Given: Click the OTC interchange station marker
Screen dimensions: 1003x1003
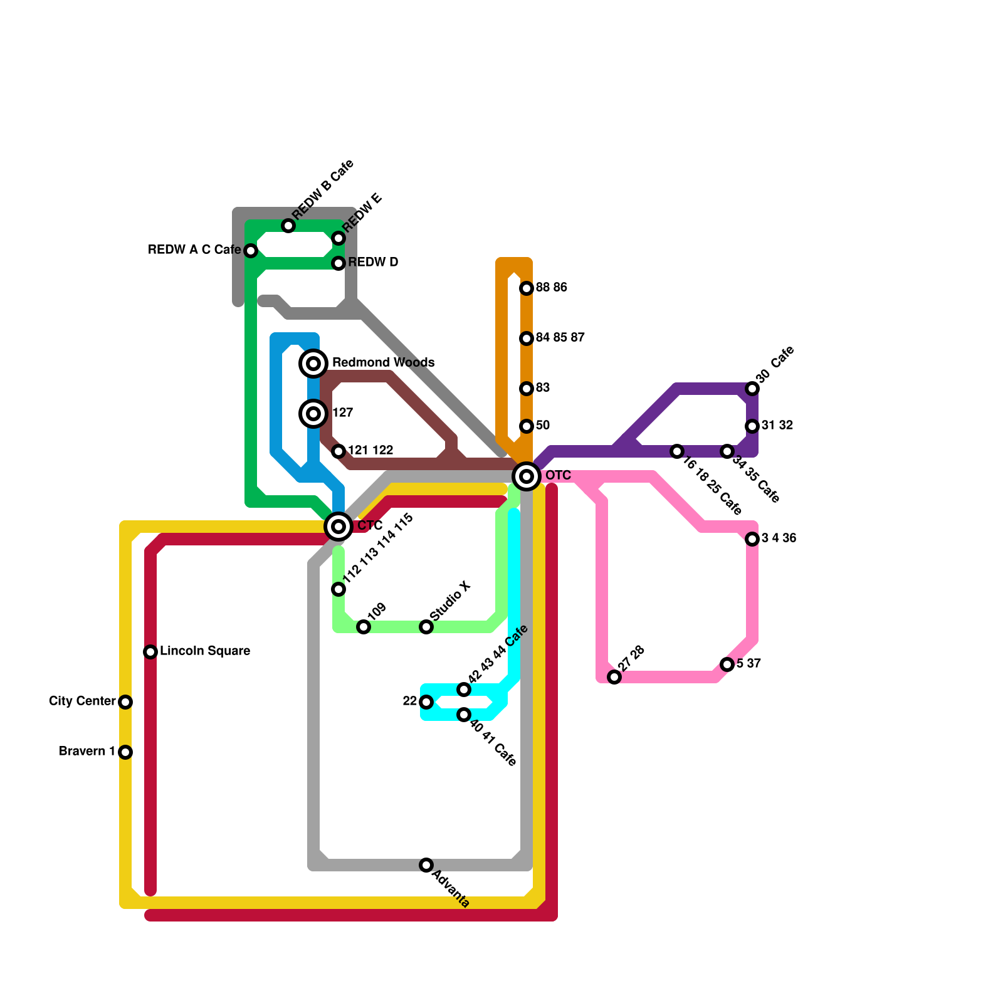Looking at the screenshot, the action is tap(527, 476).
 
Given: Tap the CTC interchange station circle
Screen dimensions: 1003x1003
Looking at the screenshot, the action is tap(339, 527).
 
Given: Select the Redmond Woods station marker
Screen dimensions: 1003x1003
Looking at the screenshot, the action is tap(314, 364).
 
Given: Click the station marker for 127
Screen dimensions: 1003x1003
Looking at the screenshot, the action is tap(314, 414).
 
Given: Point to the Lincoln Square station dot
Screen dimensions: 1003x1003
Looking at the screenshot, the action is tap(150, 652).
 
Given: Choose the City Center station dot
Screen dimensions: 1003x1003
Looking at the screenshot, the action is tap(125, 702).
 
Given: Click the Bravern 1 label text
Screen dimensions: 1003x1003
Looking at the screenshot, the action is tap(87, 752).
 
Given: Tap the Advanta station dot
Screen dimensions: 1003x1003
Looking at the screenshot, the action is tap(426, 865).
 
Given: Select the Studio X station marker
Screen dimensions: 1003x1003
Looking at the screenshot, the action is tap(426, 627).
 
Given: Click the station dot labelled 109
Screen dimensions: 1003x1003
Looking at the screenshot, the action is tap(364, 627).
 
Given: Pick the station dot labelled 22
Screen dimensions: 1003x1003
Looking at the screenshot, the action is tap(426, 702).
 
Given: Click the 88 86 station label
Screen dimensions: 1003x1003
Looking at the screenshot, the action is tap(552, 288).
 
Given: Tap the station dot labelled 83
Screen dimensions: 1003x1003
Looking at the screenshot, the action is tap(527, 389).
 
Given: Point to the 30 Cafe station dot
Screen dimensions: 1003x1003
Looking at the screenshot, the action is tap(752, 389).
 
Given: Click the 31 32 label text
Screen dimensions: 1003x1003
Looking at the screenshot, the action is tap(777, 426).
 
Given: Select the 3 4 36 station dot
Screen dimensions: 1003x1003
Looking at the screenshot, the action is tap(752, 539).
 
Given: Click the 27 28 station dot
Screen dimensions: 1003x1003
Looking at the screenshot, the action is tap(614, 677).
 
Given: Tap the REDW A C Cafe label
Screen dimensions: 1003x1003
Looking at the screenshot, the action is tap(194, 250).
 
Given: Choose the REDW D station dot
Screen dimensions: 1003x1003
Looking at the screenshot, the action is tap(339, 263).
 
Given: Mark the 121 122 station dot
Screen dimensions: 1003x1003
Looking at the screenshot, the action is tap(339, 451).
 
